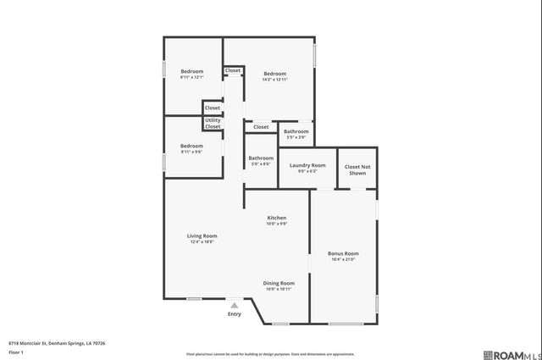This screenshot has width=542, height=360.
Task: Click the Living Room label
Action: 202,235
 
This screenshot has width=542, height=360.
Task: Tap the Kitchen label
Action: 277,218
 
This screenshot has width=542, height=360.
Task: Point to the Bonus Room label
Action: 343,253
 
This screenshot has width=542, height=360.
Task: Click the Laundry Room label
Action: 307,165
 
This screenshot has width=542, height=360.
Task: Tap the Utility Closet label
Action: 213,124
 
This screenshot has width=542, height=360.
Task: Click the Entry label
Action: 235,315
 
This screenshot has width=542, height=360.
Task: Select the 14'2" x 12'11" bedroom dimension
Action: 275,79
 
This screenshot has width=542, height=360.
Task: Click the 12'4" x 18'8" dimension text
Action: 202,241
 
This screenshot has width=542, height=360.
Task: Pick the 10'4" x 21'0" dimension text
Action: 343,259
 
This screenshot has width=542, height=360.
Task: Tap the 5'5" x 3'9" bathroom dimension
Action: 296,137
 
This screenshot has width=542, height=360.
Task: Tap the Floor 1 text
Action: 15,352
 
